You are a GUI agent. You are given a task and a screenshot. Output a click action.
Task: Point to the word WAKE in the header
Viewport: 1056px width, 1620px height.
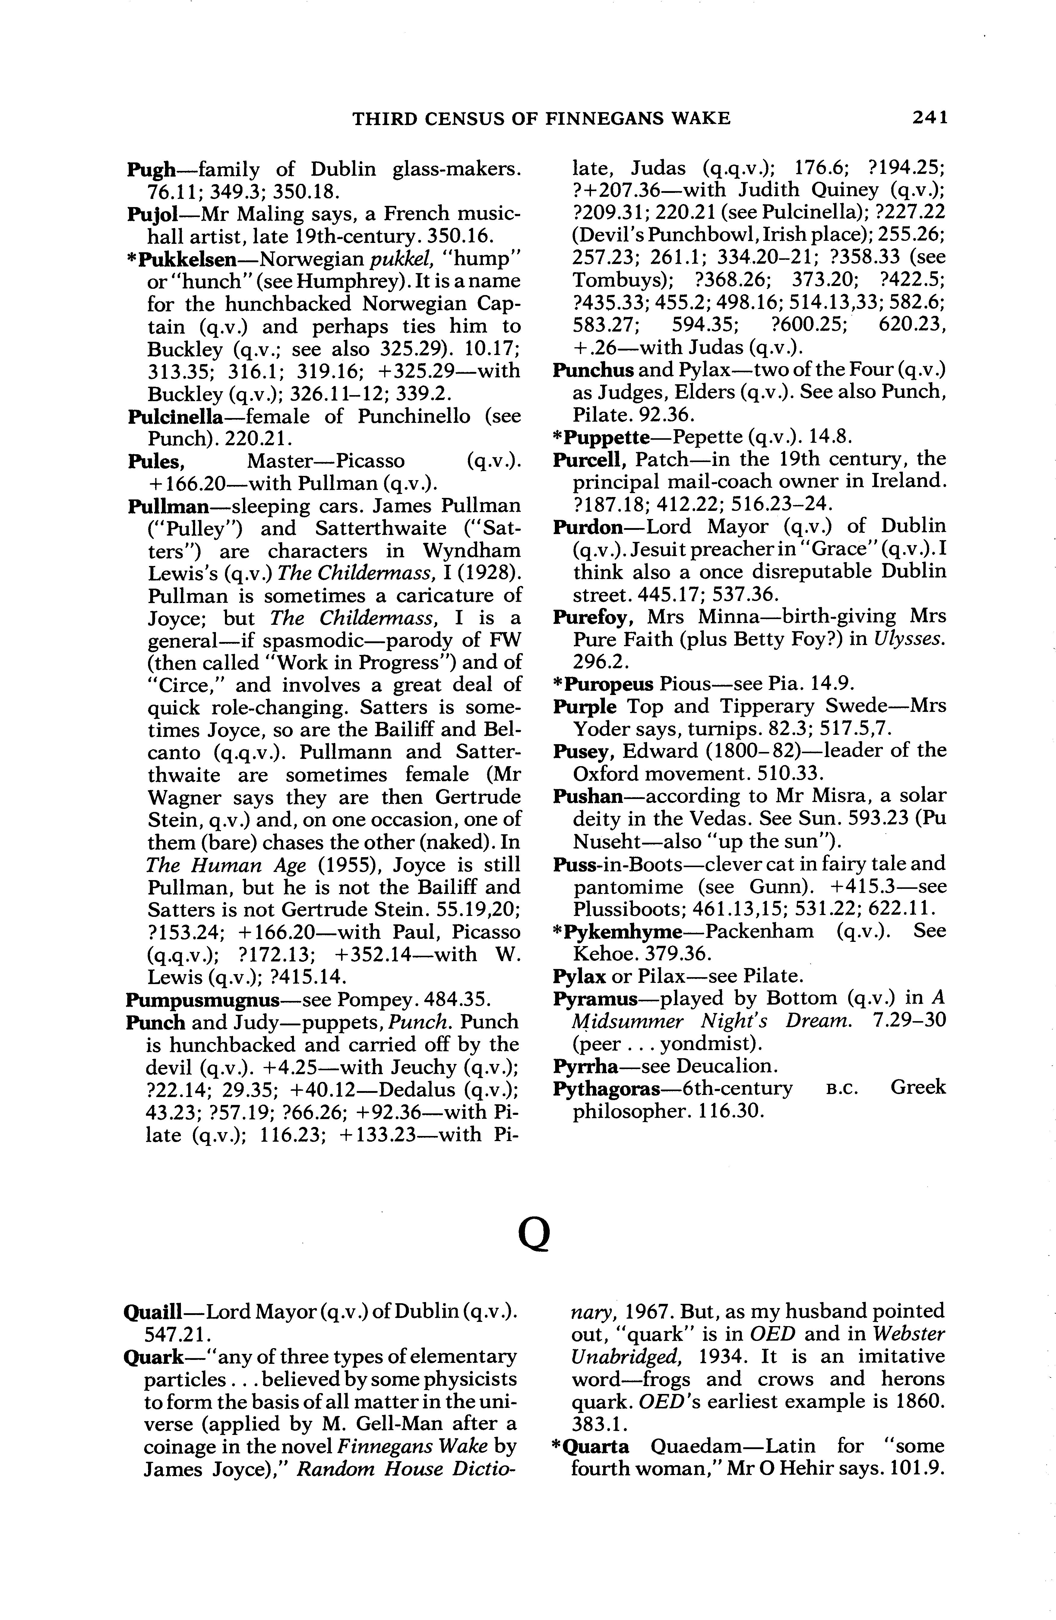click(700, 118)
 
